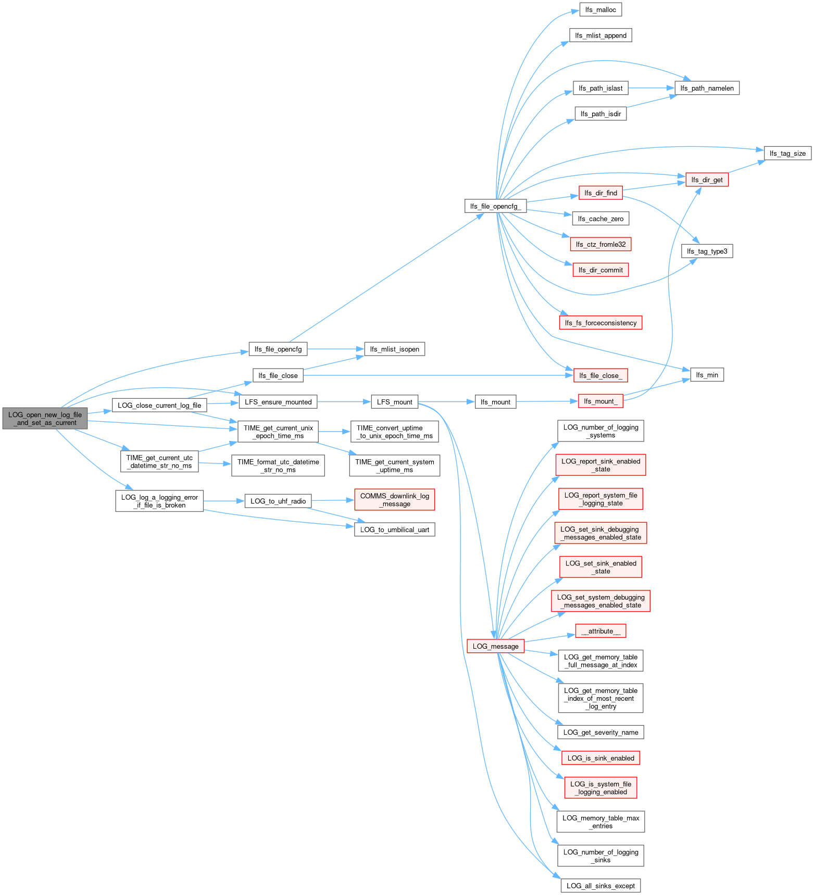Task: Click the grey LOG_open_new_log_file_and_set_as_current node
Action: pos(45,419)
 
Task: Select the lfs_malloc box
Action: pos(600,10)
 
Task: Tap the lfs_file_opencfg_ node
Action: pos(495,206)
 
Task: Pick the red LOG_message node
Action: pos(495,646)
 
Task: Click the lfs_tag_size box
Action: pos(787,153)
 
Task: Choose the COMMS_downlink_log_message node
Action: pos(394,500)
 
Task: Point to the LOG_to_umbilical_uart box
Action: pos(394,530)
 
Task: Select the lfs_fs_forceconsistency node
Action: pos(600,323)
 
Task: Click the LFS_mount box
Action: pos(394,402)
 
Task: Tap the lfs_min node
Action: pos(707,375)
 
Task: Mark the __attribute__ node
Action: pos(600,631)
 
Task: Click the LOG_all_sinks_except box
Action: pos(600,886)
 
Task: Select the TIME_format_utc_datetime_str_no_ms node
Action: pos(278,465)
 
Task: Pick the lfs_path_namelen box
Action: pos(707,88)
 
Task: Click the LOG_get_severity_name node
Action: pos(600,732)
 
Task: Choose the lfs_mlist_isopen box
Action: pos(394,349)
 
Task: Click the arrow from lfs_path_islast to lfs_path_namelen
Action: pos(651,88)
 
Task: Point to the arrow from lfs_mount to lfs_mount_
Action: pos(547,401)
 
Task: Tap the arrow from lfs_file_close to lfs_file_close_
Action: pos(437,375)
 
